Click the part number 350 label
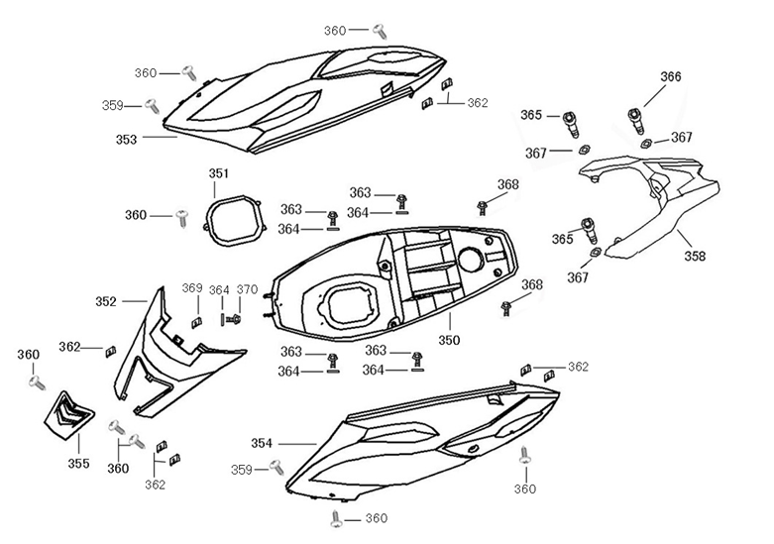click(449, 340)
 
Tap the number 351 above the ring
click(219, 174)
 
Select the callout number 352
click(107, 300)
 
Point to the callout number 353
click(126, 140)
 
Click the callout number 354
click(264, 443)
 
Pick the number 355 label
click(78, 463)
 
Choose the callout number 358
click(695, 256)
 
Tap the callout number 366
click(671, 77)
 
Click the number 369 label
click(192, 288)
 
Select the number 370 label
click(248, 290)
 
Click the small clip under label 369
click(196, 320)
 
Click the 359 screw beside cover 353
click(152, 104)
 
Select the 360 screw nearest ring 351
click(181, 215)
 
